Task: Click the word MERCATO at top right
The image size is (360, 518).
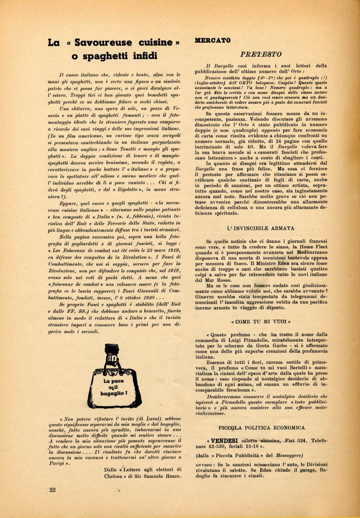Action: point(213,41)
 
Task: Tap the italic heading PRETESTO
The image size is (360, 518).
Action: point(260,54)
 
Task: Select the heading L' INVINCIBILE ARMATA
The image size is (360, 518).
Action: point(260,228)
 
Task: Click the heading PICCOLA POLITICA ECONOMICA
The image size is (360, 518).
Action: point(261,428)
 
